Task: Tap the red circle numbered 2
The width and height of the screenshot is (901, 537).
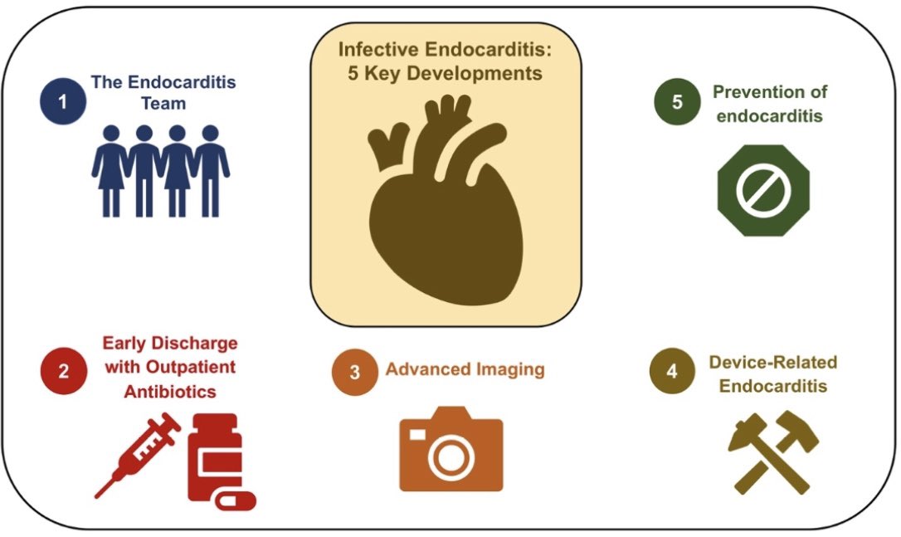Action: (x=64, y=371)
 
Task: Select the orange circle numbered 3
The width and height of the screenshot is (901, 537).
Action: (x=355, y=371)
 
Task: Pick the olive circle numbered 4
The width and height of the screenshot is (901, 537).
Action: (x=671, y=371)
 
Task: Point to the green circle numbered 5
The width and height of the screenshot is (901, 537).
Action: (x=678, y=102)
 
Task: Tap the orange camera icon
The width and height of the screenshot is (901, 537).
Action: (x=450, y=449)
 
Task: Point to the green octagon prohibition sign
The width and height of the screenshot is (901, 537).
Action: (x=762, y=190)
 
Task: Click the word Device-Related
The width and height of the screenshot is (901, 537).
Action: (x=773, y=362)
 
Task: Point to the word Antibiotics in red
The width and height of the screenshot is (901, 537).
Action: (x=169, y=390)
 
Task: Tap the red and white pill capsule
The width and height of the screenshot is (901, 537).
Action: (x=235, y=500)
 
